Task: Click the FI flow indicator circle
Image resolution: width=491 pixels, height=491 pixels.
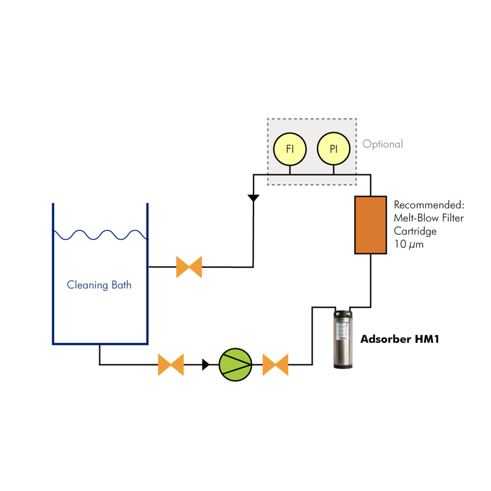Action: [x=290, y=149]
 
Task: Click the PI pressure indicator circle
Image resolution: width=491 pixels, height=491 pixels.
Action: [x=333, y=149]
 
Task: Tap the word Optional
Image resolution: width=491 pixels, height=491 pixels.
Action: [x=383, y=144]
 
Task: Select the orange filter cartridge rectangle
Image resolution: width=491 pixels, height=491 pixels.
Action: [x=370, y=225]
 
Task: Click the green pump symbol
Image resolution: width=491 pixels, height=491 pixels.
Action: [x=235, y=365]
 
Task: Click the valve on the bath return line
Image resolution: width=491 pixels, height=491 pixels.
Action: [x=189, y=267]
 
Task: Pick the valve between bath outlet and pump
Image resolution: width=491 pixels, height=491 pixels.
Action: [x=171, y=365]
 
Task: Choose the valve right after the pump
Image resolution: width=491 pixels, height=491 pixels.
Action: [x=275, y=365]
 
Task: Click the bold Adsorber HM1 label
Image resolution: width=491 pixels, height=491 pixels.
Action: [x=400, y=339]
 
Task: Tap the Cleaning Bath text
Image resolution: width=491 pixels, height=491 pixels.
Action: [x=99, y=285]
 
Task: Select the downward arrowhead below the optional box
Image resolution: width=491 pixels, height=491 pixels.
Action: [x=253, y=198]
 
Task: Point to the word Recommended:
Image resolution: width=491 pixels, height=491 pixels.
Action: [x=429, y=205]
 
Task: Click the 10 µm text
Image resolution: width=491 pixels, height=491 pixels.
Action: [x=409, y=244]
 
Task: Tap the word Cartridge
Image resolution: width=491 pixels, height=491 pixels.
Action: [x=415, y=231]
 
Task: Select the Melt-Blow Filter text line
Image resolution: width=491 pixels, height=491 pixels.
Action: [x=429, y=218]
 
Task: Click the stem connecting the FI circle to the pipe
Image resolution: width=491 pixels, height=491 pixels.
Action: [x=290, y=170]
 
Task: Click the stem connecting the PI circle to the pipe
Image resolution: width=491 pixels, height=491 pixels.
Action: [x=333, y=170]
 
